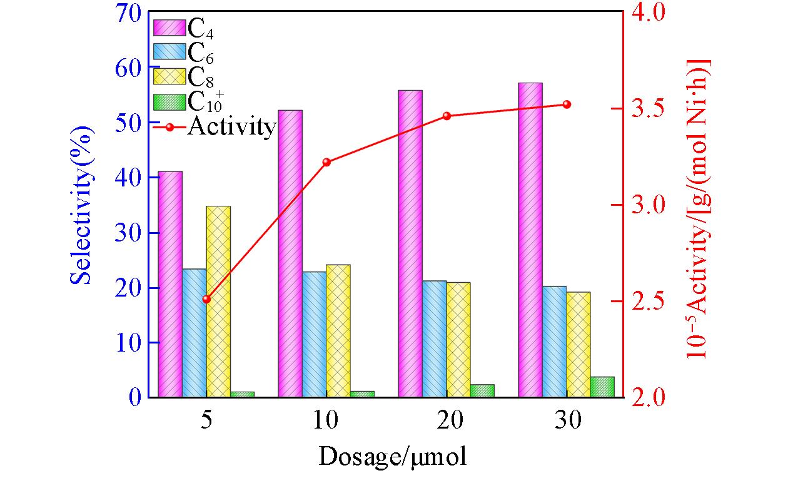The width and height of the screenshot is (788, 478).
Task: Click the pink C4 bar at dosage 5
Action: [170, 284]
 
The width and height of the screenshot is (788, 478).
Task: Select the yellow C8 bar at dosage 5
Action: [218, 302]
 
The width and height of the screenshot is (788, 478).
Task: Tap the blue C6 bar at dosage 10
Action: [314, 334]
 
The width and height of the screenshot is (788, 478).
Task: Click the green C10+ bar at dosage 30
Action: [602, 387]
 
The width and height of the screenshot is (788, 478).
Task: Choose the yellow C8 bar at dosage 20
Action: [458, 340]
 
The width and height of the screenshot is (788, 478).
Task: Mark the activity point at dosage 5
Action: [206, 299]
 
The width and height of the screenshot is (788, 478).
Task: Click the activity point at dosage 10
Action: [326, 162]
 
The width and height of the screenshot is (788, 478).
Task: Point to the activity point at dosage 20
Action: [447, 116]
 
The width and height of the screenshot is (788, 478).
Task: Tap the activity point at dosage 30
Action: [567, 104]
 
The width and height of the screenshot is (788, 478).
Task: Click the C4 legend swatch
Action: [169, 28]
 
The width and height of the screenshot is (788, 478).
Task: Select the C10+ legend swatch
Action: [169, 101]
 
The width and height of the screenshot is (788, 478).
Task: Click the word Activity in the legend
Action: [231, 127]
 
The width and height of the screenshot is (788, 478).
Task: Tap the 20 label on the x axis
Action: [447, 420]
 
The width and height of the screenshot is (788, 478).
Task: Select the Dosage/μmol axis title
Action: [393, 457]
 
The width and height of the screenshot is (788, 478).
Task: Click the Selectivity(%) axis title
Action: [81, 205]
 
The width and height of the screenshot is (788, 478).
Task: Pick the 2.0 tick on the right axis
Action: [648, 397]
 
